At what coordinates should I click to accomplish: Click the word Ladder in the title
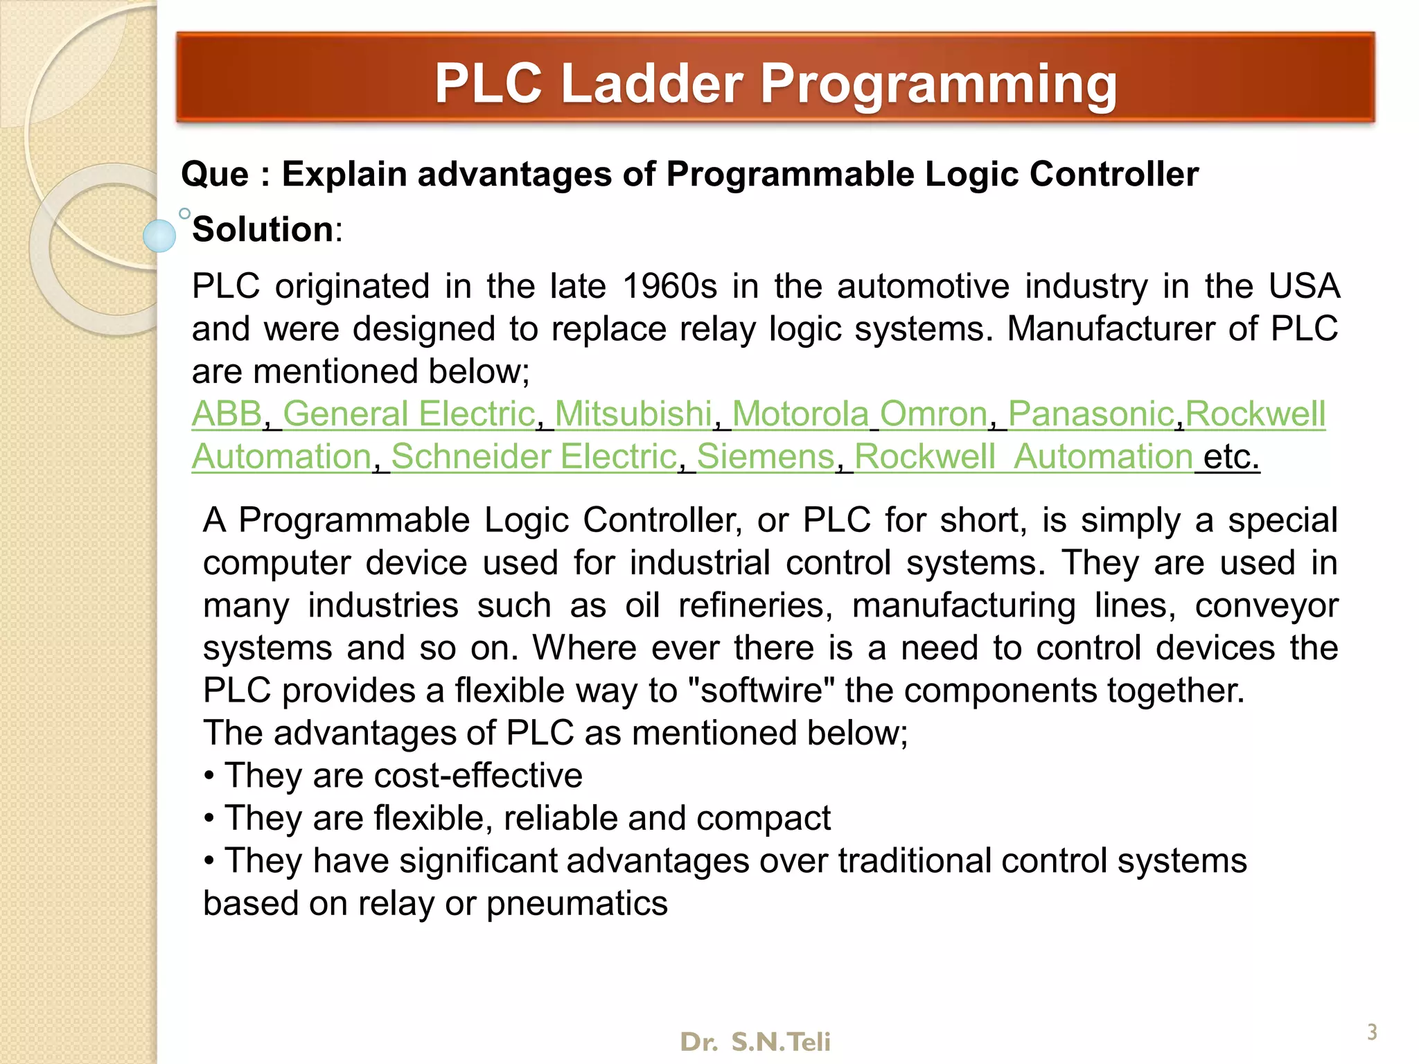coord(651,83)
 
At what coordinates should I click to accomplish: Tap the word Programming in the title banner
coord(939,85)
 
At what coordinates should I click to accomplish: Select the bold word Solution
coord(263,229)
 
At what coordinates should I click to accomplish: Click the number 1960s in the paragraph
coord(669,287)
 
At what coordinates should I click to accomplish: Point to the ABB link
coord(227,414)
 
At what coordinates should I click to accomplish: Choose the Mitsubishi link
coord(633,414)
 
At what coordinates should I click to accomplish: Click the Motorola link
coord(800,414)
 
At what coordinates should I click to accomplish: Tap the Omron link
coord(933,414)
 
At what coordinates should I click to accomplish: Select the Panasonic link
coord(1091,414)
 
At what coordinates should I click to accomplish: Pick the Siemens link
coord(766,456)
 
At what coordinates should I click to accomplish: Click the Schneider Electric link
coord(534,456)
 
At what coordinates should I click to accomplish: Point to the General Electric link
coord(409,414)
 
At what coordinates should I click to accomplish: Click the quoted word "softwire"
coord(760,691)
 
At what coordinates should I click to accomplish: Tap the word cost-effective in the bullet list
coord(478,776)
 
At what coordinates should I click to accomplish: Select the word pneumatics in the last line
coord(576,904)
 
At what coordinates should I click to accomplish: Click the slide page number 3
coord(1371,1032)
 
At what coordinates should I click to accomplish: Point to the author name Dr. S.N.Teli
coord(755,1042)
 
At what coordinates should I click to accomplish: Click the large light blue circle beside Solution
coord(159,236)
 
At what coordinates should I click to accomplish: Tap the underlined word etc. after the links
coord(1231,456)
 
